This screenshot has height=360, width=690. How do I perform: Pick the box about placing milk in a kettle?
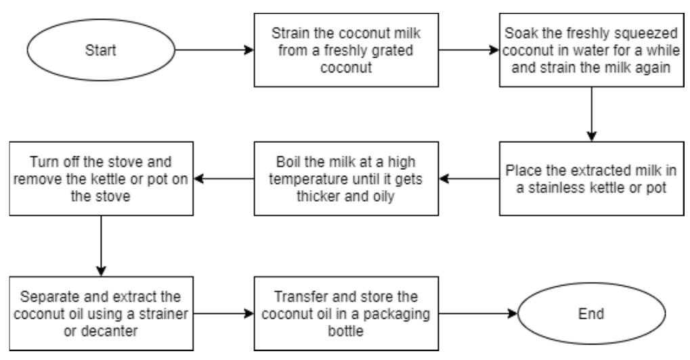591,179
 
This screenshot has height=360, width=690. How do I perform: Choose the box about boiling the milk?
345,179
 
